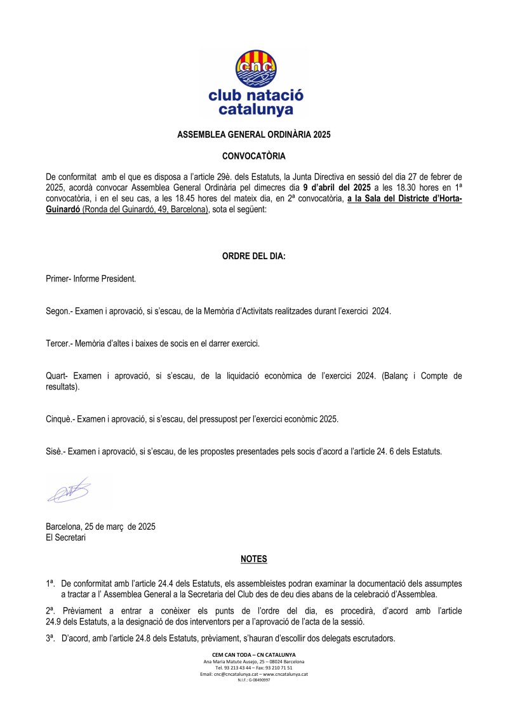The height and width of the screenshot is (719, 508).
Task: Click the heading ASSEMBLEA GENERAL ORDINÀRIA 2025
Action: click(x=254, y=135)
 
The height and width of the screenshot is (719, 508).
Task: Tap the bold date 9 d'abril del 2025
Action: click(x=337, y=187)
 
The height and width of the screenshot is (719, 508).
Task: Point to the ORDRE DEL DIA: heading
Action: click(x=254, y=257)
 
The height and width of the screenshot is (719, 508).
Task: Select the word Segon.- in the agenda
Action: click(x=60, y=312)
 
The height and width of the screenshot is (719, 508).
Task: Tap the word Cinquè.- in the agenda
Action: click(x=62, y=419)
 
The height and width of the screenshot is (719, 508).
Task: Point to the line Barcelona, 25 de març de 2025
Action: click(x=100, y=527)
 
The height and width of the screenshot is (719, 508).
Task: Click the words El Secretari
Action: click(x=65, y=537)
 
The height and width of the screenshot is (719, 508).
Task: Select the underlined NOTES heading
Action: click(x=254, y=559)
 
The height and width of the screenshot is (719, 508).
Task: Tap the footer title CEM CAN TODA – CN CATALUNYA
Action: click(x=254, y=654)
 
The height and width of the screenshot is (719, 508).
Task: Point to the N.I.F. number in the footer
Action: click(x=254, y=680)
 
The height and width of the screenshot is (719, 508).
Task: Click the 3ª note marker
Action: click(x=50, y=638)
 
